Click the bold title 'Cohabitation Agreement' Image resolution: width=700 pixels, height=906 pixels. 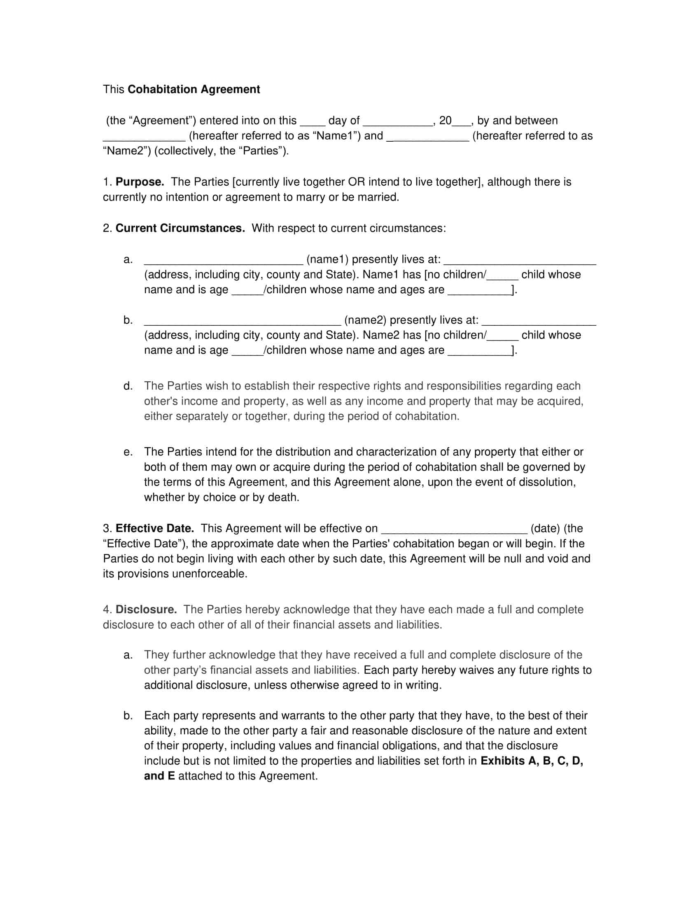[x=194, y=90]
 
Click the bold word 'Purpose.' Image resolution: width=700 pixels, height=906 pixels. [x=140, y=182]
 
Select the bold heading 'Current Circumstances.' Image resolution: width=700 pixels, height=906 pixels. [x=180, y=229]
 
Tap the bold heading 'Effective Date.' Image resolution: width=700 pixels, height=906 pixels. [x=155, y=528]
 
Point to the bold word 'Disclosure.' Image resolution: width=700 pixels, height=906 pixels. [x=146, y=609]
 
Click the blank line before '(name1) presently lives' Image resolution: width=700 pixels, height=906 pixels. [x=223, y=261]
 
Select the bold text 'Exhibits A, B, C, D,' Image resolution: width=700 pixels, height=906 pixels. [x=532, y=761]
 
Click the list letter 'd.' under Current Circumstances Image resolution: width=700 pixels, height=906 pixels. [x=128, y=386]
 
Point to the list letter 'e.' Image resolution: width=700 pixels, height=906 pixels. [x=128, y=452]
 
